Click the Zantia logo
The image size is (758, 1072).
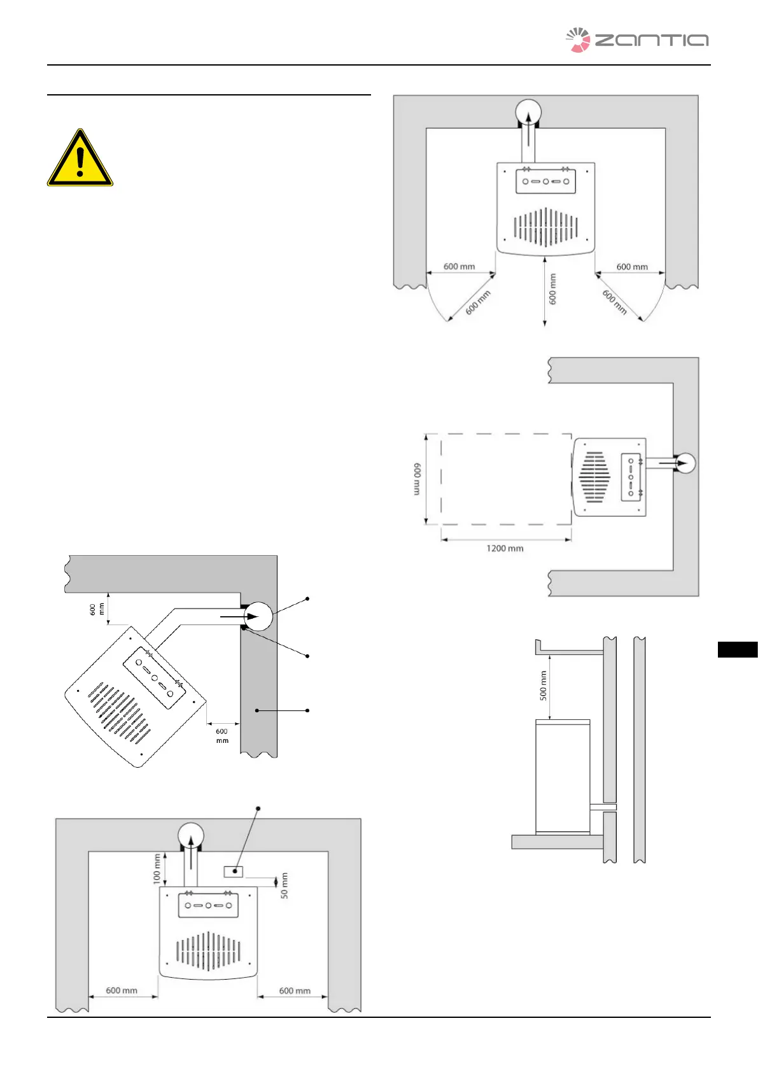coord(636,40)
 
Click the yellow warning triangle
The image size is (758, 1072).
coord(80,159)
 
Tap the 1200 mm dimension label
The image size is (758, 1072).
coord(505,548)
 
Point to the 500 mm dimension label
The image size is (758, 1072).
coord(543,686)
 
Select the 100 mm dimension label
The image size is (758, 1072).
coord(157,868)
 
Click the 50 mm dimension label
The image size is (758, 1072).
coord(284,885)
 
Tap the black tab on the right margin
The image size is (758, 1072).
coord(737,649)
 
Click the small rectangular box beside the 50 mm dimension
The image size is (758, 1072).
coord(234,871)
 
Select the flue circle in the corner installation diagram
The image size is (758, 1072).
coord(258,616)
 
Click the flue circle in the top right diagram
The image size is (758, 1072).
coord(528,113)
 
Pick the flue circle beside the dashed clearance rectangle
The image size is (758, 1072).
coord(684,463)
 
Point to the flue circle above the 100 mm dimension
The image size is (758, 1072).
coord(190,836)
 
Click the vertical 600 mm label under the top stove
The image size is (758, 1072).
coord(552,289)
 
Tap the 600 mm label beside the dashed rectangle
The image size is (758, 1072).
coord(417,479)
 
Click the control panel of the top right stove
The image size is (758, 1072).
coord(545,181)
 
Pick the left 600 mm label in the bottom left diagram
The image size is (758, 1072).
coord(122,991)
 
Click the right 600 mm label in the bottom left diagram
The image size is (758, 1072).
coord(295,991)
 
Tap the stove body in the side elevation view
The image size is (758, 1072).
coord(563,777)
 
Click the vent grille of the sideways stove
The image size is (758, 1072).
coord(594,477)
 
